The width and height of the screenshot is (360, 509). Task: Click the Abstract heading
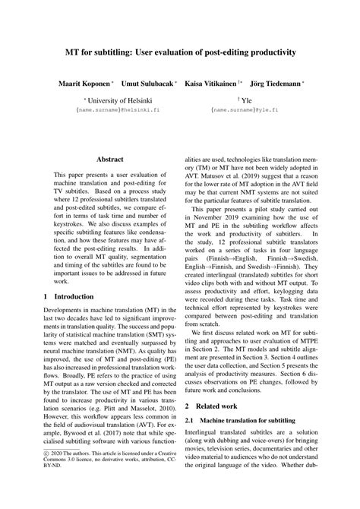[x=110, y=160]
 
